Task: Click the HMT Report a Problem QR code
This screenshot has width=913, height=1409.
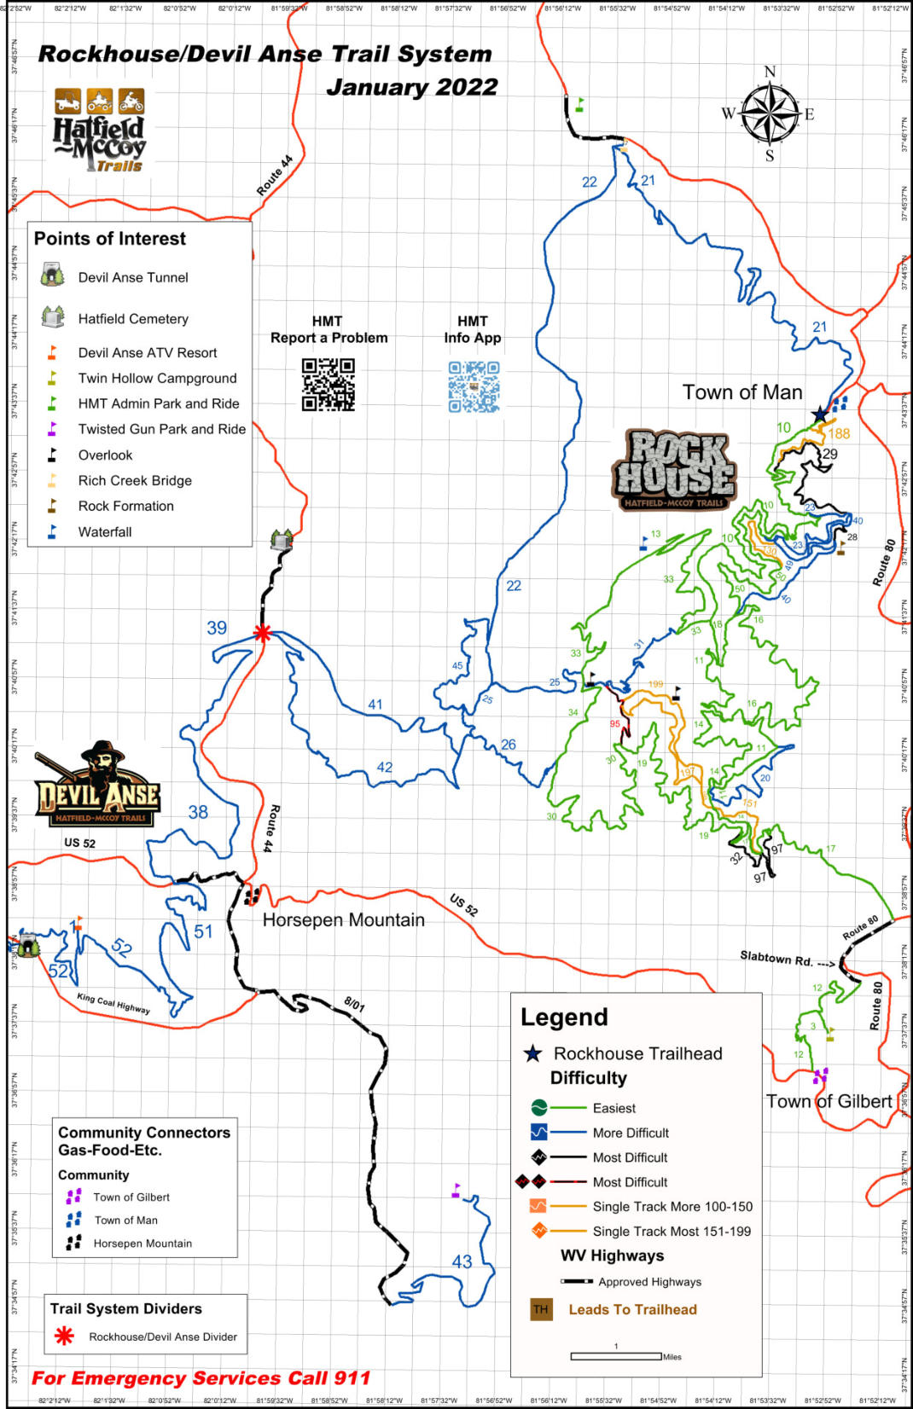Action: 329,385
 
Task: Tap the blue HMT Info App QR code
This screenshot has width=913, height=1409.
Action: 474,386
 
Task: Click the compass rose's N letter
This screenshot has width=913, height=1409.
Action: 770,72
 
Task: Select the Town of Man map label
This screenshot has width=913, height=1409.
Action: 741,392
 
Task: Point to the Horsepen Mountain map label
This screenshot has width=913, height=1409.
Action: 343,919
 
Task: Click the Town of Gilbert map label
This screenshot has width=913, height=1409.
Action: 828,1101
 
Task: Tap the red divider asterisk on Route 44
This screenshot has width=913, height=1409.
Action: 263,633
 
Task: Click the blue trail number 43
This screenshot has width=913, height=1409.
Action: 462,1261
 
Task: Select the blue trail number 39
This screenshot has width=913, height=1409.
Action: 217,628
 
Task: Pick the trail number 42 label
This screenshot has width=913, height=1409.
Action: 385,767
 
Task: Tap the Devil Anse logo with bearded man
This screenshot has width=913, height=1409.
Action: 96,785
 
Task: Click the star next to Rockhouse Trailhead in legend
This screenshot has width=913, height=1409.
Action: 533,1053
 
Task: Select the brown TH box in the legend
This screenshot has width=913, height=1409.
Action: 541,1309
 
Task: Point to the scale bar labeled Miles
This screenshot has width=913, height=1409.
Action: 616,1356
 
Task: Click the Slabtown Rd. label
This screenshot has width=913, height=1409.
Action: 776,959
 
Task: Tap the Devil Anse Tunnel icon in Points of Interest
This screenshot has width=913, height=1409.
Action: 53,275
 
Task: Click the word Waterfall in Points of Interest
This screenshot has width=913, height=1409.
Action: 105,532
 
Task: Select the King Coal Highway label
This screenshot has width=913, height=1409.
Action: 113,1003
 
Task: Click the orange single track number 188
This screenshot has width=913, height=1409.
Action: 839,433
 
